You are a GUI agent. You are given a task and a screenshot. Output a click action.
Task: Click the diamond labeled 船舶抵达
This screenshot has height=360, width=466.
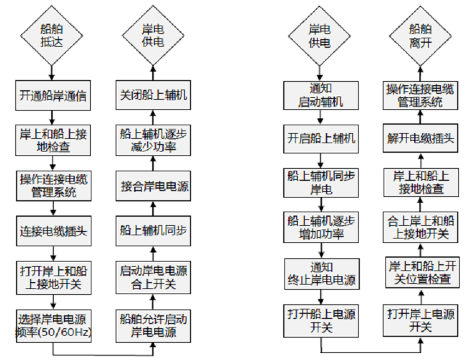point(52,36)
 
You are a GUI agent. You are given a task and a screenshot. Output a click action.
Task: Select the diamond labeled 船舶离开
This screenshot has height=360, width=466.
point(420,36)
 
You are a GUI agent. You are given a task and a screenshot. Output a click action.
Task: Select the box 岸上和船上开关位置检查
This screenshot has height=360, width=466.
point(420,272)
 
